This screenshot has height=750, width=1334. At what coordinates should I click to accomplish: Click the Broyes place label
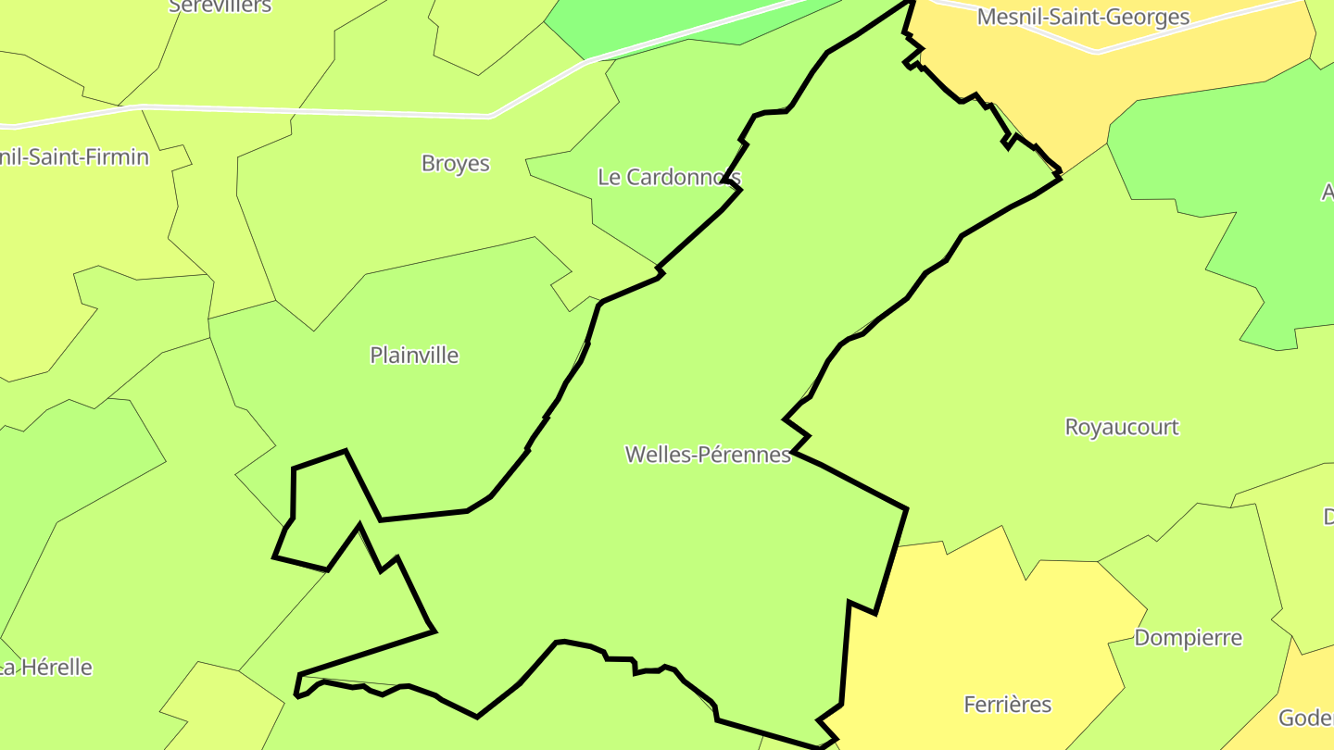[455, 164]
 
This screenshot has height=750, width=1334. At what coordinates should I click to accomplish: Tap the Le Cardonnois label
[668, 177]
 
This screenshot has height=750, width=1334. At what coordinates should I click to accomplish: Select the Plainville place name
[414, 356]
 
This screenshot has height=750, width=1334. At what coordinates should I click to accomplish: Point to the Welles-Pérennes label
[708, 455]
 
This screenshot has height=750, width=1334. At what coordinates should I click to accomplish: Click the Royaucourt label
[1121, 428]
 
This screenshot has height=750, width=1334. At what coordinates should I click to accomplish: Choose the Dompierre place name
[1188, 638]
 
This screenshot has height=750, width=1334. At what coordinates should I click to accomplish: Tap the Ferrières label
[1007, 705]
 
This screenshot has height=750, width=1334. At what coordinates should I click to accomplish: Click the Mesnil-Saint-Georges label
[1083, 18]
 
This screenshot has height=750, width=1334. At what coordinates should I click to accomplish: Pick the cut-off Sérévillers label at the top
[220, 6]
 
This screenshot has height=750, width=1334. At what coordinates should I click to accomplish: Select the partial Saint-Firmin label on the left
[74, 157]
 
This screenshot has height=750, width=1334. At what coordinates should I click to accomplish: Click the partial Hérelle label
[46, 668]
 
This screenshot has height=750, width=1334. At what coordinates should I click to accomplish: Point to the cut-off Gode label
[1306, 719]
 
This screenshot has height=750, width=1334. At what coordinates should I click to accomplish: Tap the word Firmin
[115, 157]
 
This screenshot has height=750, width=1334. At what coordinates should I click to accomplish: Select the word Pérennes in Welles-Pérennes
[748, 455]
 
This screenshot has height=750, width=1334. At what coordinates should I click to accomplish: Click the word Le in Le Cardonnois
[609, 177]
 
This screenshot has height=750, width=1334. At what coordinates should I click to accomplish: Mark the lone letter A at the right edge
[1327, 193]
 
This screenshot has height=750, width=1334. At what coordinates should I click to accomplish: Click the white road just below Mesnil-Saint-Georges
[1098, 52]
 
